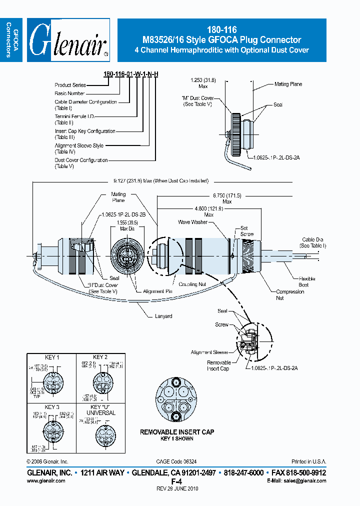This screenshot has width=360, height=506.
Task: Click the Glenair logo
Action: [68, 40]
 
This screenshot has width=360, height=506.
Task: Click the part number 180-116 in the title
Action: [221, 30]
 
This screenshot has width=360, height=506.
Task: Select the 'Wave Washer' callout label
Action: [192, 222]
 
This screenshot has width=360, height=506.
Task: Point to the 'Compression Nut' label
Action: [290, 294]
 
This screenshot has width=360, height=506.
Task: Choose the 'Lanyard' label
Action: [163, 316]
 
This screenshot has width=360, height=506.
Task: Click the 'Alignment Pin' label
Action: [157, 291]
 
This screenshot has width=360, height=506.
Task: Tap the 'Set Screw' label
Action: [246, 231]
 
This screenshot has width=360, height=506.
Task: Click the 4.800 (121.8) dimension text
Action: [209, 211]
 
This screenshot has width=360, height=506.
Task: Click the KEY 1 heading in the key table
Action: [52, 357]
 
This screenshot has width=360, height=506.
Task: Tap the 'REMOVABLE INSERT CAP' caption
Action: [176, 432]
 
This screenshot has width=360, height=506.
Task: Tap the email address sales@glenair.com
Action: [305, 480]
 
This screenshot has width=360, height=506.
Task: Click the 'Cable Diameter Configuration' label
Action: [85, 102]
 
